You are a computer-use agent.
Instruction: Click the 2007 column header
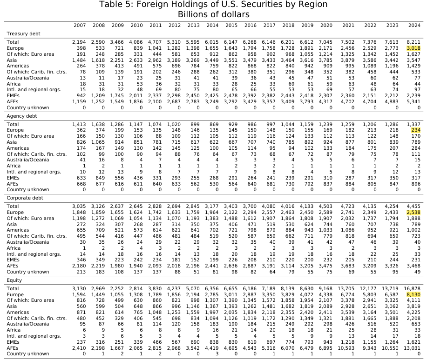coord(80,25)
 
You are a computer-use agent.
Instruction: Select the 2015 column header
coord(231,25)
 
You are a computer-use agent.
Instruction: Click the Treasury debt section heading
coord(23,34)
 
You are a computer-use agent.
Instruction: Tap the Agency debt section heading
coord(21,116)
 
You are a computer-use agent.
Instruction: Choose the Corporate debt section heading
coord(24,198)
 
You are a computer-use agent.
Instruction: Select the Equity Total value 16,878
coord(412,289)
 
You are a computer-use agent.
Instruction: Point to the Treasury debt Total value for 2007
coord(79,42)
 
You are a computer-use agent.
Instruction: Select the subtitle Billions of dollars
coord(213,14)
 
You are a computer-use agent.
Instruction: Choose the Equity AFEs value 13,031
coord(412,348)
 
